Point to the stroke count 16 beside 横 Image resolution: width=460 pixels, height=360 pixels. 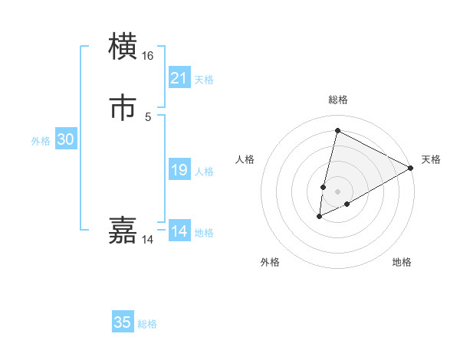(x=147, y=56)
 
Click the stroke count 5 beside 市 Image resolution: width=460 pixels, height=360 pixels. (x=147, y=116)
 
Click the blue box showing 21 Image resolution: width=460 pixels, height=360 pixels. (x=179, y=78)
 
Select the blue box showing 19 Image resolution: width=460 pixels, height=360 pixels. (x=179, y=170)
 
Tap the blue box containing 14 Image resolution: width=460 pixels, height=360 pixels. (x=179, y=231)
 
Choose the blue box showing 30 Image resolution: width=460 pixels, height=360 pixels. (x=66, y=139)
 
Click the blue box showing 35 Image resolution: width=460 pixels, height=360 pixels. (x=123, y=322)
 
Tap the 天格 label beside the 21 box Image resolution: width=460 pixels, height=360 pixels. (x=203, y=80)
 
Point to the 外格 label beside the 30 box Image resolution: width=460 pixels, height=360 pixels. (x=41, y=141)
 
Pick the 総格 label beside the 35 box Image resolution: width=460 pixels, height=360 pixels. (x=147, y=324)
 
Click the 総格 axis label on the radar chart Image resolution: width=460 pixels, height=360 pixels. (x=337, y=100)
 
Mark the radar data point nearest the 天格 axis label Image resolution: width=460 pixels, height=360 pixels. (x=411, y=169)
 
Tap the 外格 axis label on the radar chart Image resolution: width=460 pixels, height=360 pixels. (x=270, y=262)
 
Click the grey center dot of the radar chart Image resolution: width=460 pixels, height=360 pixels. (x=337, y=191)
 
